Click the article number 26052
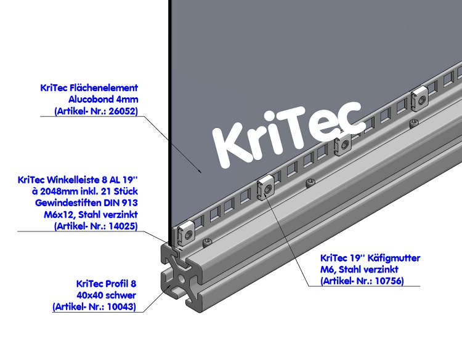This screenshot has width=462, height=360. tap(118, 111)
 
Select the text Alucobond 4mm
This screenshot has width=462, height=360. tap(103, 99)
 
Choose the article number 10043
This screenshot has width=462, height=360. tap(116, 306)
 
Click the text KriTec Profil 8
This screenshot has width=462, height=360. tap(106, 284)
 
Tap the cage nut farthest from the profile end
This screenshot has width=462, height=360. tap(420, 95)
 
